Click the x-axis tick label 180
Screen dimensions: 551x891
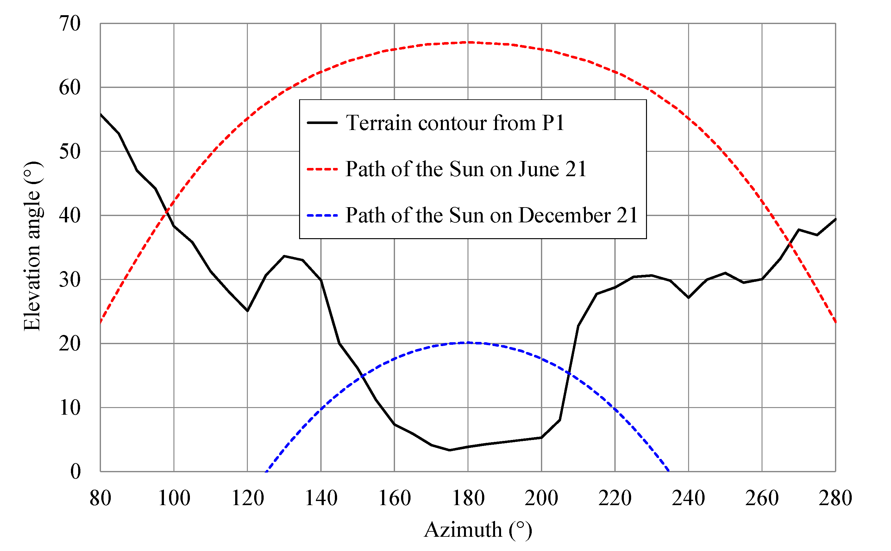click(x=468, y=498)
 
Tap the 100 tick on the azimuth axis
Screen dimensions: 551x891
click(x=174, y=498)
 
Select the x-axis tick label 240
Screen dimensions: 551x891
click(x=688, y=498)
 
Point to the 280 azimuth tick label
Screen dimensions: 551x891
click(x=835, y=498)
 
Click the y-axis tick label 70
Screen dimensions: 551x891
click(x=70, y=24)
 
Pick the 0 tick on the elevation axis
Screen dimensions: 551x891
click(x=75, y=471)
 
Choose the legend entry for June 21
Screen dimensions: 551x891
click(x=466, y=169)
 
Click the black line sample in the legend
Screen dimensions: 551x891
click(x=322, y=123)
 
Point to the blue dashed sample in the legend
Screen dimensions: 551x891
click(x=322, y=215)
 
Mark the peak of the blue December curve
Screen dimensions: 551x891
click(x=468, y=343)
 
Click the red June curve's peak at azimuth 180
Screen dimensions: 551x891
click(x=468, y=43)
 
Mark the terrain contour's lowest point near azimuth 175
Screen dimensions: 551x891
click(x=449, y=450)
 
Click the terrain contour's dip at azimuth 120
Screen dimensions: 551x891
click(x=248, y=311)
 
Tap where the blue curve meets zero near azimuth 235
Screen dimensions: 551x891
click(x=668, y=471)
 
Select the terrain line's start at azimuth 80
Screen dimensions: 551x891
click(x=101, y=115)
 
